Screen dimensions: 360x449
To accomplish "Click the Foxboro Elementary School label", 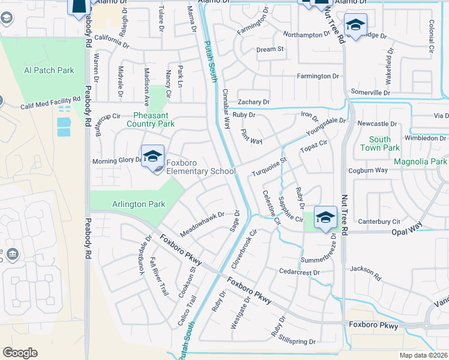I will (200, 166).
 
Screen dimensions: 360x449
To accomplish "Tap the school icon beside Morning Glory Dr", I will (152, 157).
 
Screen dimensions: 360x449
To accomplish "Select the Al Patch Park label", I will (49, 71).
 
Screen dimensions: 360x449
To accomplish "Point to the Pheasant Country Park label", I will (151, 119).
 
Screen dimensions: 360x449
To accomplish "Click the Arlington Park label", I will (139, 204).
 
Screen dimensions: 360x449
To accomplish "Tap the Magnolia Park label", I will (420, 162).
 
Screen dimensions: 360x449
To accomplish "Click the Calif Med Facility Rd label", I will (50, 103).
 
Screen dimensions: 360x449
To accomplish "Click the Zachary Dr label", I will (253, 103).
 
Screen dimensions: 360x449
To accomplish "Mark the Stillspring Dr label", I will (297, 341).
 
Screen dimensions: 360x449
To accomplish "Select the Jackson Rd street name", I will (366, 274).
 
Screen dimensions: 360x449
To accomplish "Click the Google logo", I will (20, 353).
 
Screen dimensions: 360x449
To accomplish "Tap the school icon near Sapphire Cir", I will (325, 217).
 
